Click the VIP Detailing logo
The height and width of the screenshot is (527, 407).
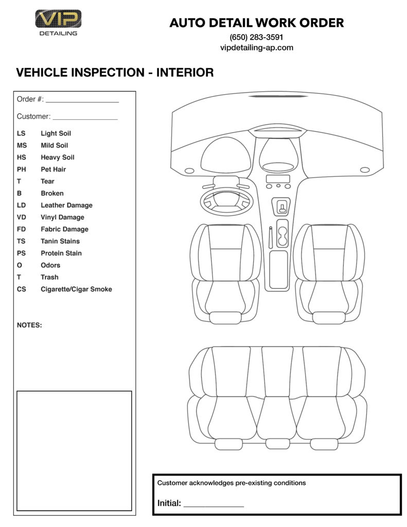pos(58,22)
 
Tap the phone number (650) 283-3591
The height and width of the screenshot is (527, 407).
pos(256,37)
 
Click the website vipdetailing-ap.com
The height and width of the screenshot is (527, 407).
pos(256,47)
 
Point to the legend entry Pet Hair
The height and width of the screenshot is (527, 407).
pos(54,169)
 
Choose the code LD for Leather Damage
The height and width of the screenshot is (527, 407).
pos(21,205)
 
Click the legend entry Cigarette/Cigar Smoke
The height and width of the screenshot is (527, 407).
pos(76,289)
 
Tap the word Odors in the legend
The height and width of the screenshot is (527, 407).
pos(50,265)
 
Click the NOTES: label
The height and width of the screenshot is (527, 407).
pos(29,325)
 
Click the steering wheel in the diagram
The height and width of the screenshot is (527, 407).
pos(225,201)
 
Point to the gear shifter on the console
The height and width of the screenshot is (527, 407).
pos(282,207)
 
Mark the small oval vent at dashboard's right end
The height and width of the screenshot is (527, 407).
pos(365,170)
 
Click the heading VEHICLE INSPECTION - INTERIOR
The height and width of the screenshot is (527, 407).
pos(115,73)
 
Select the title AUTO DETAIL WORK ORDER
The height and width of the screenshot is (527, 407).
pos(256,23)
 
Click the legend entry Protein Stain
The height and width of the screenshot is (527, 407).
pos(61,253)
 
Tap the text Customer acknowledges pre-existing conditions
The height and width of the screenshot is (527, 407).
pos(232,483)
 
